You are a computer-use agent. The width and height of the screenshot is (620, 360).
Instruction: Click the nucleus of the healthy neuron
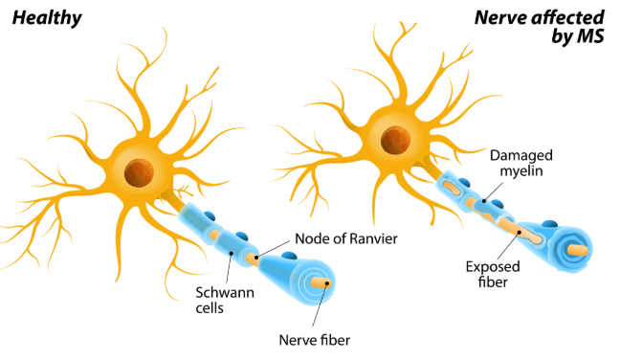pos(140,173)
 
